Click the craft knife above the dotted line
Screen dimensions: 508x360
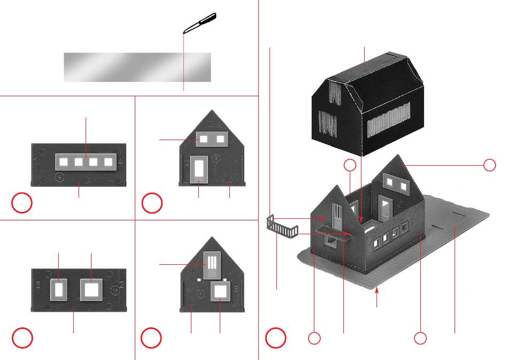[200, 24]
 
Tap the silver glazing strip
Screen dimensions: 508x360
[137, 67]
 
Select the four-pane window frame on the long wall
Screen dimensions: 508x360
[86, 160]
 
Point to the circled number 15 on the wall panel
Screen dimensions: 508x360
[115, 290]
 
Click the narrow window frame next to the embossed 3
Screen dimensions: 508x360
[58, 289]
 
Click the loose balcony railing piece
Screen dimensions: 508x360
[281, 227]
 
